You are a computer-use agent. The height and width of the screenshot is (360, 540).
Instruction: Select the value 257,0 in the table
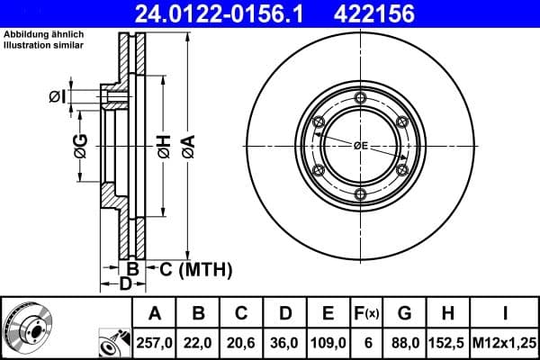tap(155, 343)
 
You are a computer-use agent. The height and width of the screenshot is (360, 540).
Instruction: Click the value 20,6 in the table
tap(242, 343)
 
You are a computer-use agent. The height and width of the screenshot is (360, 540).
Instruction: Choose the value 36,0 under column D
tap(285, 343)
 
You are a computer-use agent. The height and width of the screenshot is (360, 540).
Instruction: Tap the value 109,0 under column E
tap(328, 343)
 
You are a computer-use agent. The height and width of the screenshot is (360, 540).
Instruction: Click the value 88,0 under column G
tap(405, 343)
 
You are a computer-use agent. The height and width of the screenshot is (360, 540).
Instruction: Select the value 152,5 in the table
tap(448, 343)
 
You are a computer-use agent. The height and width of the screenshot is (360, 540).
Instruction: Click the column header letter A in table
tap(155, 314)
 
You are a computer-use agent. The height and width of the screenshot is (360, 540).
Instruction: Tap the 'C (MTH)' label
tap(191, 268)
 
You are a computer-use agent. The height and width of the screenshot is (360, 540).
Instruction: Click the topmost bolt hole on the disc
tap(360, 98)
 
